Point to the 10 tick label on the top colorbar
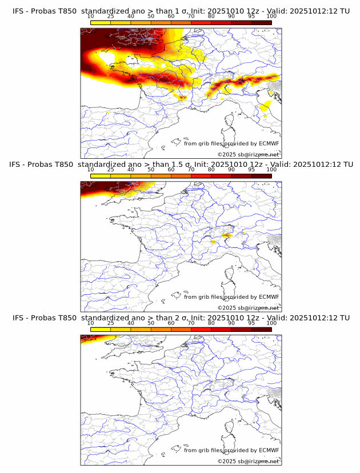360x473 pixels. coord(91,17)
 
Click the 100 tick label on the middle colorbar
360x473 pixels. coord(271,170)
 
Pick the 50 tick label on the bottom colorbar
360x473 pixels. coord(151,323)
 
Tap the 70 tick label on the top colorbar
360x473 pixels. coord(191,17)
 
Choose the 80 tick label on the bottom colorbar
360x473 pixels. coord(211,323)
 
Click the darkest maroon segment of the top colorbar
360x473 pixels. coord(262,22)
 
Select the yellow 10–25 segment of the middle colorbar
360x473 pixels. coord(101,176)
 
